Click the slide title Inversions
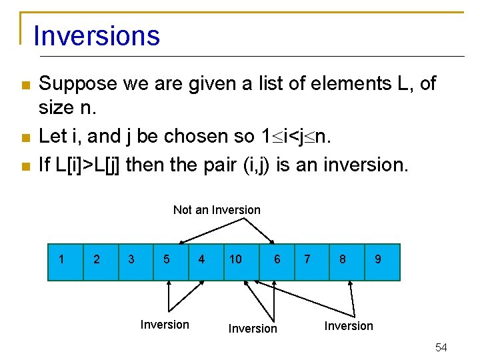(x=97, y=35)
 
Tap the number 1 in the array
(x=62, y=259)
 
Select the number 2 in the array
(x=97, y=259)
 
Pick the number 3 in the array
(x=131, y=259)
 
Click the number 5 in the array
(x=166, y=259)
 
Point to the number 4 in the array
(x=201, y=259)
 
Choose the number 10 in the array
(x=235, y=259)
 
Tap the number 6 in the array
(x=277, y=259)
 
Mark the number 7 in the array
(x=307, y=259)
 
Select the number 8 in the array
(x=343, y=259)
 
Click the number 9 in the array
(x=378, y=259)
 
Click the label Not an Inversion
(x=217, y=210)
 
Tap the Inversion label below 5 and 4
(x=165, y=325)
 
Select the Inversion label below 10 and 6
(x=253, y=329)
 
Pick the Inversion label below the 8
(x=349, y=326)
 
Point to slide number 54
(x=441, y=347)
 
